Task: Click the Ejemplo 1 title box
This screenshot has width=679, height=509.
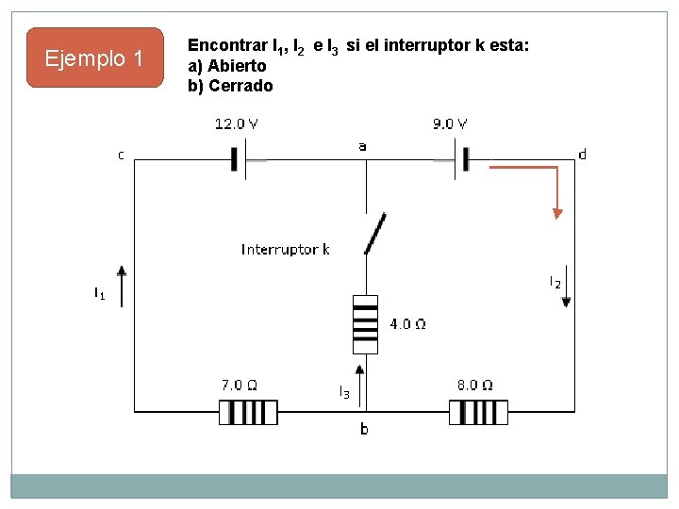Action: pyautogui.click(x=94, y=58)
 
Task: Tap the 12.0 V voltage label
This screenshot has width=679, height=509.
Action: pyautogui.click(x=238, y=123)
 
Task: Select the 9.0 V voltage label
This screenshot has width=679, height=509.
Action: pyautogui.click(x=450, y=123)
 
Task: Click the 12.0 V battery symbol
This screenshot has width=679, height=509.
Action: pyautogui.click(x=239, y=160)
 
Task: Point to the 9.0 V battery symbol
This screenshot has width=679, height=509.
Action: pyautogui.click(x=461, y=160)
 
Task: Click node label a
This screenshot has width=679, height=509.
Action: pyautogui.click(x=362, y=146)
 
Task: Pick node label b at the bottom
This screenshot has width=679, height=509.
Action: pyautogui.click(x=364, y=430)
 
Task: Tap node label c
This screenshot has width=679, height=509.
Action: pyautogui.click(x=121, y=154)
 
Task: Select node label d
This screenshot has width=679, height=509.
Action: pyautogui.click(x=582, y=154)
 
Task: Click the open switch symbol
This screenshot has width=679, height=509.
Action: pyautogui.click(x=375, y=234)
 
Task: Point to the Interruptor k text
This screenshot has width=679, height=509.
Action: pyautogui.click(x=285, y=250)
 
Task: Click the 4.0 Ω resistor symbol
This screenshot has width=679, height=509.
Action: pyautogui.click(x=365, y=324)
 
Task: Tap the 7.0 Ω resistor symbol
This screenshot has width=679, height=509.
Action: pyautogui.click(x=248, y=412)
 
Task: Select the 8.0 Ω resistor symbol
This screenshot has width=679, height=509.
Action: pyautogui.click(x=478, y=412)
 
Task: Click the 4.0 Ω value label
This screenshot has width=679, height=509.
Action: pyautogui.click(x=407, y=324)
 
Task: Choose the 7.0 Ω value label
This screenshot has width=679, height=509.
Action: pyautogui.click(x=240, y=385)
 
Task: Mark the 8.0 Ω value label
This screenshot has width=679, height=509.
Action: pyautogui.click(x=474, y=385)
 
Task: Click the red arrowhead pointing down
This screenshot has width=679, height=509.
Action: pyautogui.click(x=557, y=213)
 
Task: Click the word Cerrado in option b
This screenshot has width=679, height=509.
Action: pyautogui.click(x=240, y=86)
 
